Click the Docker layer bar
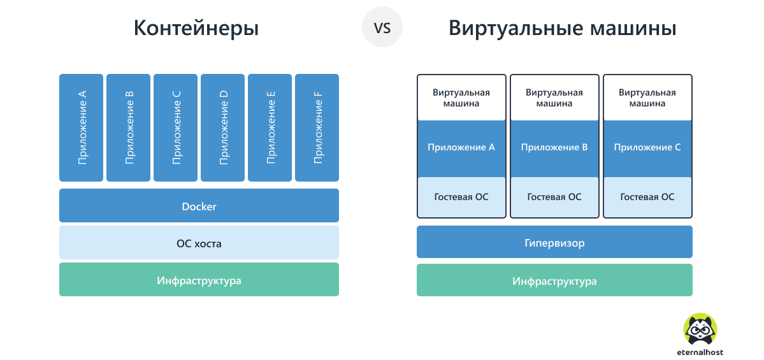click(x=199, y=206)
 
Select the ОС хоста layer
click(x=199, y=243)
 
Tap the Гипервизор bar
click(x=554, y=242)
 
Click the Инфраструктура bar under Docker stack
click(x=199, y=280)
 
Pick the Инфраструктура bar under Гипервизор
click(x=554, y=280)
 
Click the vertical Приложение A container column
click(x=82, y=127)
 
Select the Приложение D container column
click(x=223, y=127)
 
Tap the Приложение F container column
click(x=317, y=127)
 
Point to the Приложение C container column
click(x=176, y=127)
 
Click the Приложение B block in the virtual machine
click(x=554, y=148)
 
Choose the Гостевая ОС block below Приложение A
click(x=461, y=197)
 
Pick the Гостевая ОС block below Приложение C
click(x=647, y=197)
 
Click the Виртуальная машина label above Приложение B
click(x=554, y=97)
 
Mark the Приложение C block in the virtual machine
click(x=647, y=148)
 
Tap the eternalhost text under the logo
click(x=700, y=352)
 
